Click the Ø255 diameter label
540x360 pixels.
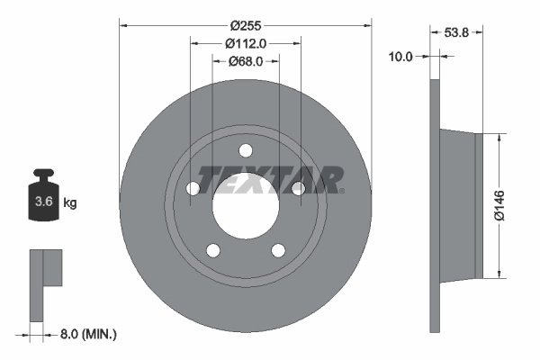[246, 25]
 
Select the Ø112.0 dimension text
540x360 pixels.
[246, 43]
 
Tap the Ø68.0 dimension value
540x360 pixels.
[246, 61]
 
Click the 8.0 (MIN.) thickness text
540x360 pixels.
[88, 334]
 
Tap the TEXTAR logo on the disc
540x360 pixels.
[270, 179]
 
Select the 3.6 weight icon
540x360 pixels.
[41, 198]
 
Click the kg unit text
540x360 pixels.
[70, 202]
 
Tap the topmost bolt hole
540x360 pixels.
[246, 151]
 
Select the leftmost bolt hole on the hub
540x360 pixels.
[193, 189]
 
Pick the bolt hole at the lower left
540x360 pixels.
[213, 250]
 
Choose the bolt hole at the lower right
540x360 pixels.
[278, 250]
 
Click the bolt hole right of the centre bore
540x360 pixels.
[298, 188]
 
